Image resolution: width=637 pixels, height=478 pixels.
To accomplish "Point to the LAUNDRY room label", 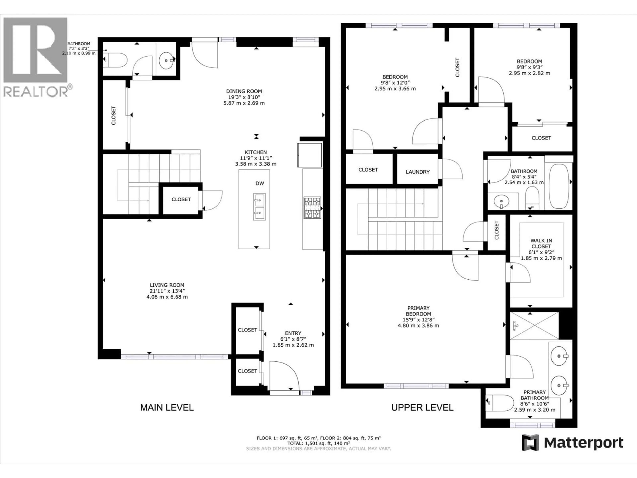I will click(418, 172).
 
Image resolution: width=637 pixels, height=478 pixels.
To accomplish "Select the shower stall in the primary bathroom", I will click(534, 326).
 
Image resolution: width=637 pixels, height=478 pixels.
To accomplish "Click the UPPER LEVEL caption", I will click(422, 407).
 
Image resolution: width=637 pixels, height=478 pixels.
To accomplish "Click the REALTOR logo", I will click(36, 56).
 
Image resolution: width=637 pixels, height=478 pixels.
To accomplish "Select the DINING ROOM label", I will click(244, 91).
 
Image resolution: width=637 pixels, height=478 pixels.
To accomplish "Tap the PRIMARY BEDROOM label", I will click(418, 311).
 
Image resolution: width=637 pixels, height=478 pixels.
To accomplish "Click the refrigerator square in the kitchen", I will click(310, 155).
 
